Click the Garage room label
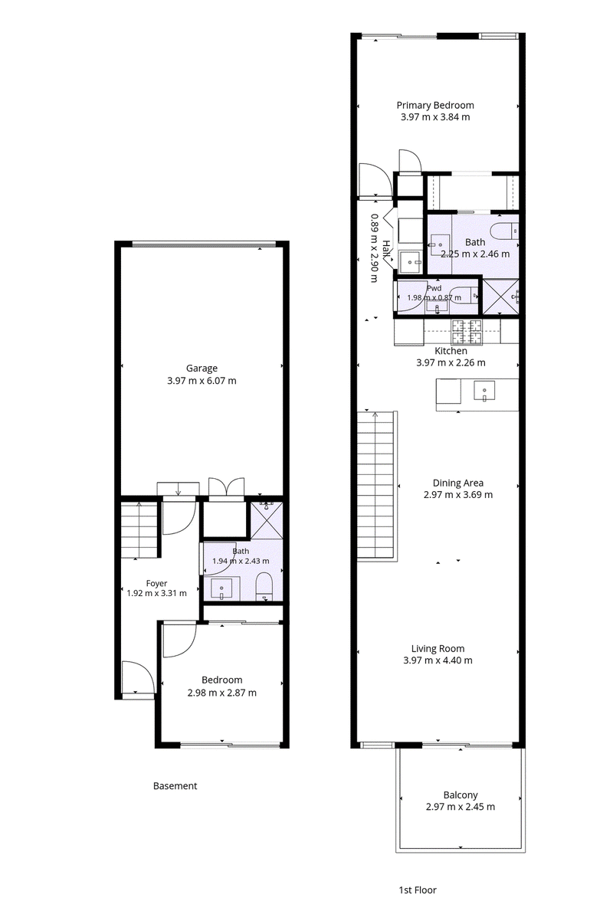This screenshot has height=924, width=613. click(202, 368)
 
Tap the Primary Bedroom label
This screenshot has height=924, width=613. click(435, 105)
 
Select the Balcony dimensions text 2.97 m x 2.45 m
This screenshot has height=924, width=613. click(461, 807)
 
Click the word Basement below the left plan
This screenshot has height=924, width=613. click(175, 786)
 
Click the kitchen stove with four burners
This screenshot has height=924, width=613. click(467, 332)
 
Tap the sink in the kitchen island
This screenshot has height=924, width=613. click(484, 391)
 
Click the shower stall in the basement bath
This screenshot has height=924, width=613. click(267, 519)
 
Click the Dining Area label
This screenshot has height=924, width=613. click(458, 483)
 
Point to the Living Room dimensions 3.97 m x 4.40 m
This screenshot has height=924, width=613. click(438, 660)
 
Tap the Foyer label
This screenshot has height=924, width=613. click(157, 583)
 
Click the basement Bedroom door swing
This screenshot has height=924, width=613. click(179, 641)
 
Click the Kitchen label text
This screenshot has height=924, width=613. click(451, 351)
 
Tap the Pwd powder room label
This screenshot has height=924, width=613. click(434, 288)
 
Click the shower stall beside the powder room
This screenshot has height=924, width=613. click(500, 297)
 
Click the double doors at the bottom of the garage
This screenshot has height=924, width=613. click(227, 488)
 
